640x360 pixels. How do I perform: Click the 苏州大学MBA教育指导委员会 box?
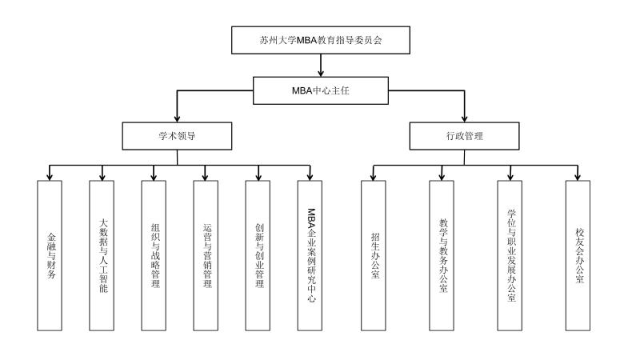(x=321, y=40)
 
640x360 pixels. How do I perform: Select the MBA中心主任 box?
(x=321, y=90)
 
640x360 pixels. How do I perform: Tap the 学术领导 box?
(x=177, y=136)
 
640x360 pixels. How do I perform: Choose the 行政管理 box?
(x=465, y=136)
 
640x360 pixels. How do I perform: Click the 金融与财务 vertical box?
(x=50, y=255)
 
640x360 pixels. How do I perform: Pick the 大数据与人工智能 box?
(x=102, y=255)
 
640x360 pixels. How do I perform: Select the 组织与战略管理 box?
(x=154, y=255)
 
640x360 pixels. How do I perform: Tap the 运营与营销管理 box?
(x=206, y=255)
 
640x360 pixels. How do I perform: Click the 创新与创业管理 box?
(x=258, y=255)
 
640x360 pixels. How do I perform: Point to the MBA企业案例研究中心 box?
(x=310, y=255)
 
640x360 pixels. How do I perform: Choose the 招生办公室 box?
(x=373, y=255)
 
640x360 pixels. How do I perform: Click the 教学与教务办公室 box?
(x=442, y=255)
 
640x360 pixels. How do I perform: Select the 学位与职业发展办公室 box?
(x=510, y=255)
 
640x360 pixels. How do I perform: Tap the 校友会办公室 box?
(x=578, y=255)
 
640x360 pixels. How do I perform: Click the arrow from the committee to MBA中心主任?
(x=321, y=66)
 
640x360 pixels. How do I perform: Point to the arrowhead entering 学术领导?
(x=177, y=118)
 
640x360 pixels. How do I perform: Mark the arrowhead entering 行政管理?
(x=465, y=118)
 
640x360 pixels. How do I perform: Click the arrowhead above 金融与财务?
(x=50, y=177)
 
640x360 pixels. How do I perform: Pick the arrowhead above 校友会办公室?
(x=578, y=177)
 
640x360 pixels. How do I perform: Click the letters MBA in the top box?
(x=307, y=41)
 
